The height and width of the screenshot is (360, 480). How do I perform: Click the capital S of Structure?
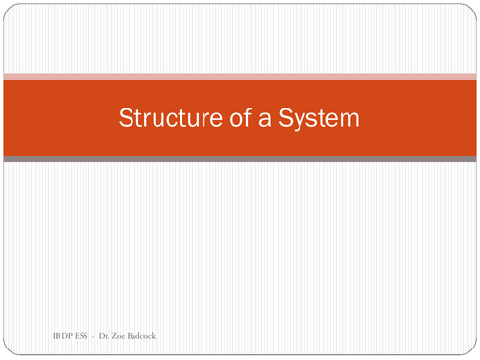[125, 119]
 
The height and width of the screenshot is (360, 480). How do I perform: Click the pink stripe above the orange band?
[240, 75]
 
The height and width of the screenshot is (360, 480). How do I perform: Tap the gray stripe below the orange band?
[240, 159]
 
